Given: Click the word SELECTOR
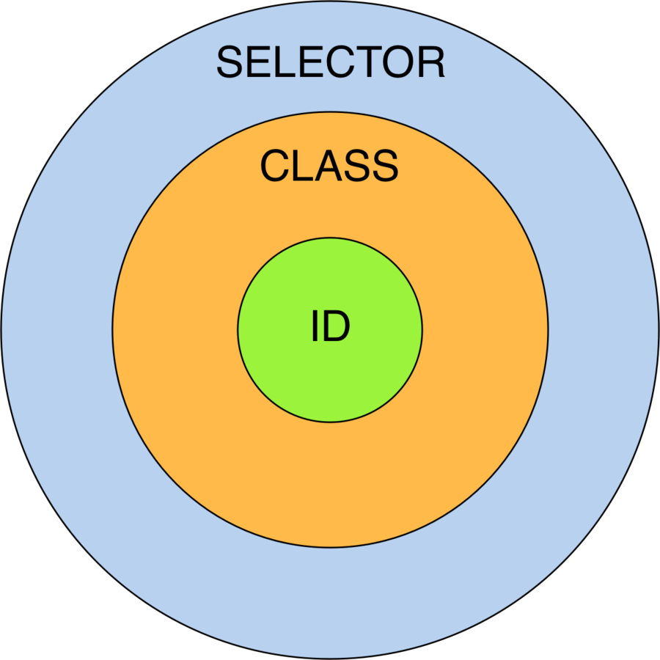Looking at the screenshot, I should tap(330, 62).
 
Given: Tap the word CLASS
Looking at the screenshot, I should tap(329, 166).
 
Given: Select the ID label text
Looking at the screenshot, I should tap(331, 328).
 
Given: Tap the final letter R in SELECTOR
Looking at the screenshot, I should tap(430, 62).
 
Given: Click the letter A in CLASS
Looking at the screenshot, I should tap(323, 166).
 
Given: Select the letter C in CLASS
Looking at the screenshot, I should tap(275, 166).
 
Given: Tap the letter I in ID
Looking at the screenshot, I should tap(315, 328).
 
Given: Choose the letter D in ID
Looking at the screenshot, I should tap(336, 328).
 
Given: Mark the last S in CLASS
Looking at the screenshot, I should tap(384, 166).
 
